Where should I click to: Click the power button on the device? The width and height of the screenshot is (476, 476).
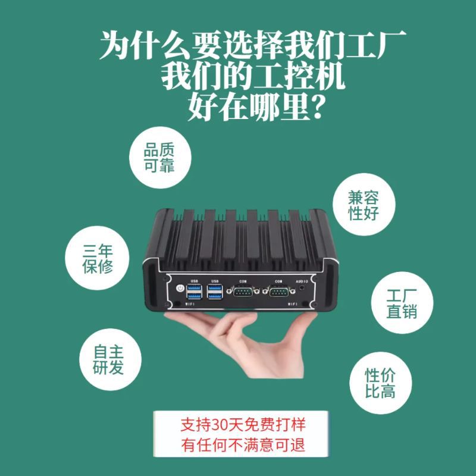pos(180,287)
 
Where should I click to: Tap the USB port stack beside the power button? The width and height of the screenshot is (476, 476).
pos(195,292)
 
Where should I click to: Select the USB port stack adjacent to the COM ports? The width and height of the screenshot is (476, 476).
pos(215,292)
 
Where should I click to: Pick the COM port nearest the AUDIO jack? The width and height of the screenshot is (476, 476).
pos(278,292)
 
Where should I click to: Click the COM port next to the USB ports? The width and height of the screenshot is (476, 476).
pos(243,292)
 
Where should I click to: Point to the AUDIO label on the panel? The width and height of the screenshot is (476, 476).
pos(302,281)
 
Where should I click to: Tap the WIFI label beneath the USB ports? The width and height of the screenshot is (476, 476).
pos(190,304)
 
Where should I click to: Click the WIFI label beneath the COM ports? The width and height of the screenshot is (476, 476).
pos(293,304)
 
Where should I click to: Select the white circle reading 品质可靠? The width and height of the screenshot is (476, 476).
pos(160,157)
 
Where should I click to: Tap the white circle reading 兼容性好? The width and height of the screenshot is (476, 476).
pos(364,204)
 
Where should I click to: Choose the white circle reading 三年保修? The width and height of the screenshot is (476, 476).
pos(97,258)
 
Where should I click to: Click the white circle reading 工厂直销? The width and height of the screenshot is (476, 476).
pos(402,303)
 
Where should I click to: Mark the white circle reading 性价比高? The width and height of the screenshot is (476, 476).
pos(381,383)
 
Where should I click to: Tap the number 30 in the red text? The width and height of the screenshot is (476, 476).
pos(219,425)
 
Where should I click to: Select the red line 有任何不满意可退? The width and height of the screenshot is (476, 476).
pos(243,444)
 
